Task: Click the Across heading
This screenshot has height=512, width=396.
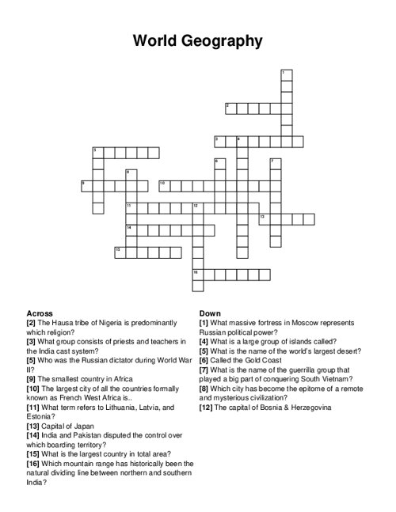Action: [x=40, y=313]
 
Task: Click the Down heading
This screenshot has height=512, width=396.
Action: [x=210, y=313]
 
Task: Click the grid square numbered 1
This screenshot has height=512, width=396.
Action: [x=286, y=74]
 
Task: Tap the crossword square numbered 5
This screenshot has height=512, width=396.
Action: [x=98, y=153]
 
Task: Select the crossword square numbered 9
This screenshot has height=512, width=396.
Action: [x=87, y=186]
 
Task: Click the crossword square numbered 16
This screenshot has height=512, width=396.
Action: [x=198, y=275]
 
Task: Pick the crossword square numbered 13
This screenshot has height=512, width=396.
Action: [x=265, y=219]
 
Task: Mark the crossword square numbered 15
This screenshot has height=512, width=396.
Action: [x=120, y=252]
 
